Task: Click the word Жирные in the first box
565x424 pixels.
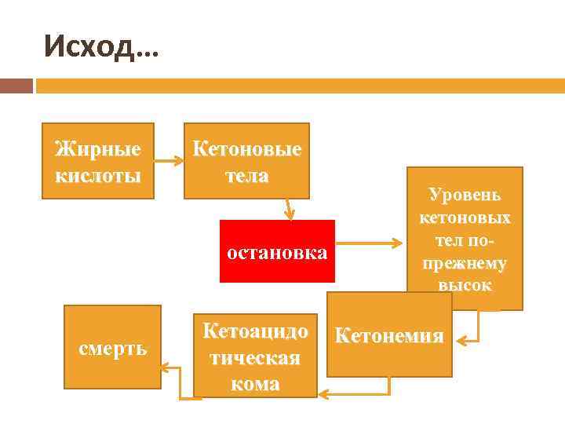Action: coord(97,148)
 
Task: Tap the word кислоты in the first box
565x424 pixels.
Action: coord(97,174)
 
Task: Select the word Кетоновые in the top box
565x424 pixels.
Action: coord(246,148)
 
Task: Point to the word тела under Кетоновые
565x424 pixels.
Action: coord(246,175)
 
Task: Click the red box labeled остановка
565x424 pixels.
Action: coord(277,252)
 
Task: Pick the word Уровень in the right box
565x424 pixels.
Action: coord(465,195)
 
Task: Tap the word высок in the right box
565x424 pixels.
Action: coord(465,285)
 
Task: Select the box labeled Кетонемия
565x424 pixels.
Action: coord(389,336)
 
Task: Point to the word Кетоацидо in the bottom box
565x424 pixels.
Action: coord(255,331)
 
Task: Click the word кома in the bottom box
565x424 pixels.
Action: coord(255,384)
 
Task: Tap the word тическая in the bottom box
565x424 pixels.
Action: coord(255,357)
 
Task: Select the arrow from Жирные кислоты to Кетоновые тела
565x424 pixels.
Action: coord(168,161)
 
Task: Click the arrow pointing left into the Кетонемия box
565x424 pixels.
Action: coord(469,339)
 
